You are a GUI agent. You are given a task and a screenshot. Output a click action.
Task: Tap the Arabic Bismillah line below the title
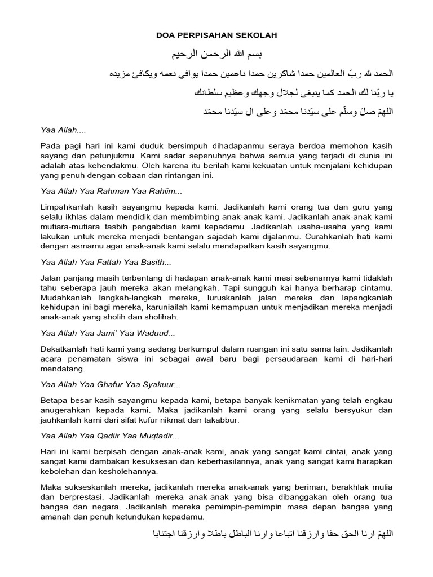coord(217,55)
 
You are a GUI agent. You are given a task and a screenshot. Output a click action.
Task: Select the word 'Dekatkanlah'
coord(63,349)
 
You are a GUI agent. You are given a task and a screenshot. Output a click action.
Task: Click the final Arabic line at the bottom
coord(271,532)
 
